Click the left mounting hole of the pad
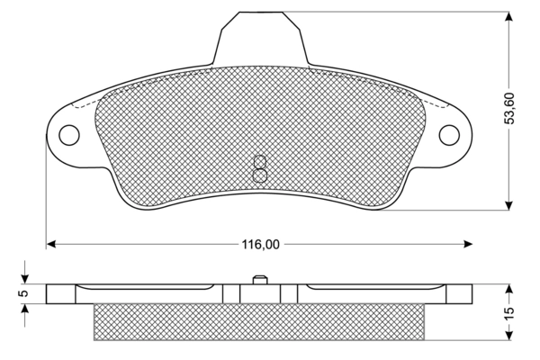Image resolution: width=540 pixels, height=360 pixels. [x=69, y=135]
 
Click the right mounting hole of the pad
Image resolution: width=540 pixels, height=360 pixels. [x=449, y=135]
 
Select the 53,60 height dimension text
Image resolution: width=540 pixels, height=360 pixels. [x=508, y=108]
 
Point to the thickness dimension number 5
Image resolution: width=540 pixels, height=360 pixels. [x=25, y=292]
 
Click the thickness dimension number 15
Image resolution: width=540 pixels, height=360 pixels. [x=508, y=313]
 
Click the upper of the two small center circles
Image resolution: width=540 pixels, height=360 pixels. [x=259, y=162]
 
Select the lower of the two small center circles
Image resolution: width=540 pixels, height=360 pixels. [x=259, y=175]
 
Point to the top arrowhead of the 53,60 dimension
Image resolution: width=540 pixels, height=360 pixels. [x=508, y=18]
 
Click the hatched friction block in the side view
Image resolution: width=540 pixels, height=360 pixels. [x=259, y=322]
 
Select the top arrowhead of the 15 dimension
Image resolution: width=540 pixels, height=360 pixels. [x=508, y=291]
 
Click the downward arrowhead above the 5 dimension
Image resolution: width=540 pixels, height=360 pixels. [x=25, y=277]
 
